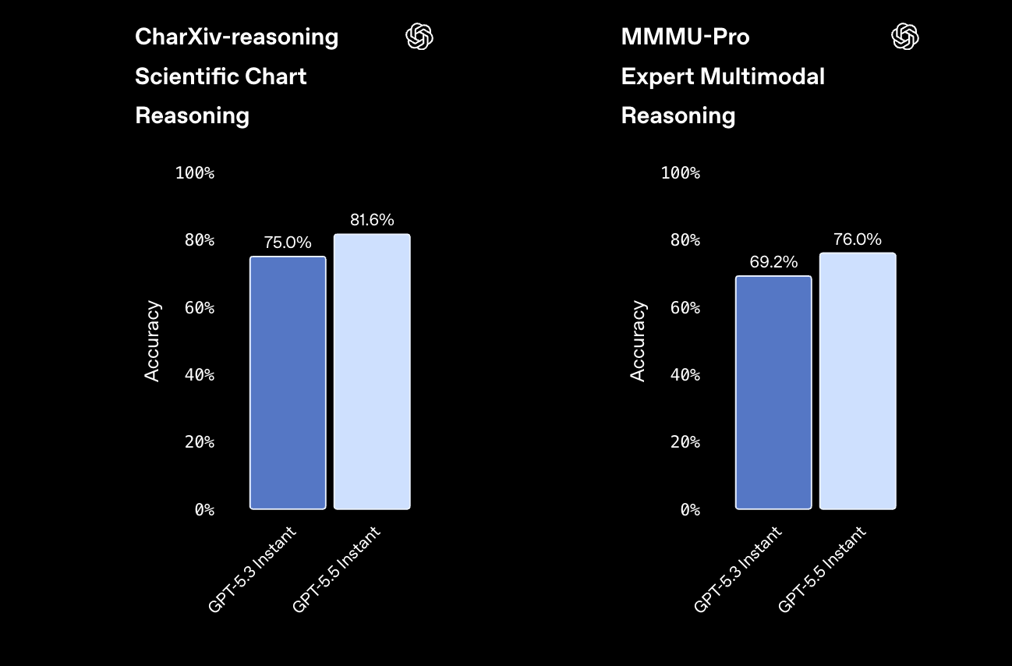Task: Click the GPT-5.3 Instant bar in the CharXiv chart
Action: point(288,383)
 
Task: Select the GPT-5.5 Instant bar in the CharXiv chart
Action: point(372,371)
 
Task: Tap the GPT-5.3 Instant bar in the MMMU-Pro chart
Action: point(773,392)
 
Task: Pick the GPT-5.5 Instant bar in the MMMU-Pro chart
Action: point(858,381)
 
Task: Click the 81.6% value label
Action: point(372,220)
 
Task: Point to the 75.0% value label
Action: point(288,243)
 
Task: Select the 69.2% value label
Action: point(773,262)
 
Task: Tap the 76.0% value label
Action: point(858,239)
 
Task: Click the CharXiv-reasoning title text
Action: point(236,37)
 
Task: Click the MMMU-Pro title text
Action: point(685,37)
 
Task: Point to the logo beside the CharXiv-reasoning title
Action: point(419,37)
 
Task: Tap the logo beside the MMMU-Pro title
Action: point(905,37)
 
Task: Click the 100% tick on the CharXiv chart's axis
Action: point(195,172)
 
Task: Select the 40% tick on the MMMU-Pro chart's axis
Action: point(685,374)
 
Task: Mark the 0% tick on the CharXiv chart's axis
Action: point(204,510)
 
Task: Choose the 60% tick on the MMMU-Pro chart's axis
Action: point(685,308)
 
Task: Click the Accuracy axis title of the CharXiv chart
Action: point(152,341)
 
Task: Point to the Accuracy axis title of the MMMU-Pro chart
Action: point(638,341)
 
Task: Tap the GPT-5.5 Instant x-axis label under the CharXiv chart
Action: point(336,569)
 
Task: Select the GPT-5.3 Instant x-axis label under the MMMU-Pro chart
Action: point(738,569)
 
